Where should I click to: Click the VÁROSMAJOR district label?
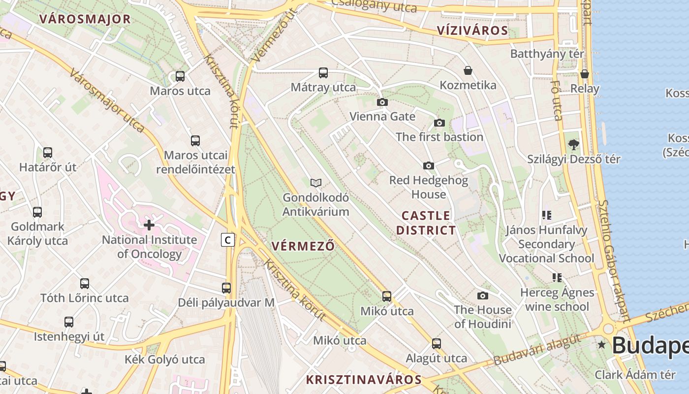click(x=85, y=19)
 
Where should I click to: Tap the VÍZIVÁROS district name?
click(x=472, y=31)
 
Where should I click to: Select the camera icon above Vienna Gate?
click(x=382, y=102)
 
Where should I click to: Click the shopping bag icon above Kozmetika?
click(x=468, y=71)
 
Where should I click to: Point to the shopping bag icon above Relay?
click(x=585, y=74)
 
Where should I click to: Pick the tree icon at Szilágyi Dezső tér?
click(x=573, y=145)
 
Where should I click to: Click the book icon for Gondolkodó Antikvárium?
click(x=316, y=183)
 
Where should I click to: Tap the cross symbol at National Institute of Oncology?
click(x=149, y=225)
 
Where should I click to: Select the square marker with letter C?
click(x=227, y=240)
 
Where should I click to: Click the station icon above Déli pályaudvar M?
click(x=226, y=288)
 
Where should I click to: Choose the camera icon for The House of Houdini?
click(x=483, y=295)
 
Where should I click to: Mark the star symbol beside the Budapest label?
click(x=601, y=345)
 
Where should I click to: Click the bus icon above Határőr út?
click(x=48, y=153)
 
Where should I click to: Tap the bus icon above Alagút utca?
click(x=437, y=344)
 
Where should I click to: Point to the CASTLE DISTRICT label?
click(x=426, y=223)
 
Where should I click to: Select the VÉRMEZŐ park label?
click(x=303, y=246)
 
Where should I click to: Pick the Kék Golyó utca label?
click(x=164, y=359)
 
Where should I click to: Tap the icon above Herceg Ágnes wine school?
click(x=557, y=278)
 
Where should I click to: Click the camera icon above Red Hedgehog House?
click(x=429, y=166)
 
